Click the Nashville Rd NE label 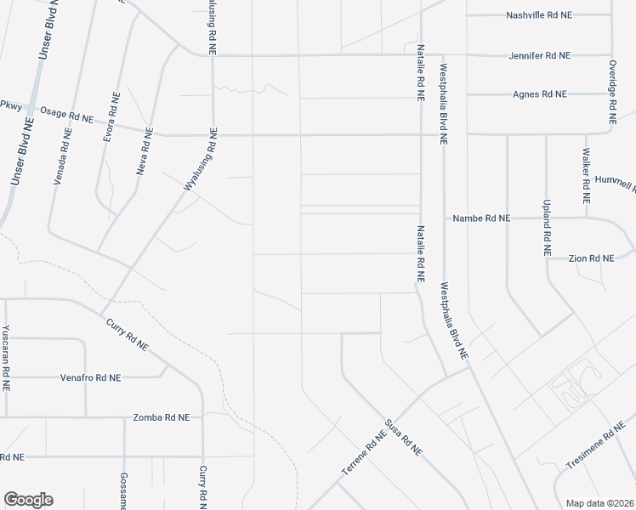click(540, 15)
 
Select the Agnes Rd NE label click(539, 94)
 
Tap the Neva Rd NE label click(145, 151)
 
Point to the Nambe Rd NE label click(481, 218)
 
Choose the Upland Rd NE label click(546, 227)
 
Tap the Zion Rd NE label click(592, 258)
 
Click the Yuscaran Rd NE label click(6, 357)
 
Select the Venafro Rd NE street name click(90, 377)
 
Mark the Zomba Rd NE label click(162, 417)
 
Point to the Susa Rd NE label click(404, 438)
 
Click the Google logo click(28, 500)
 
